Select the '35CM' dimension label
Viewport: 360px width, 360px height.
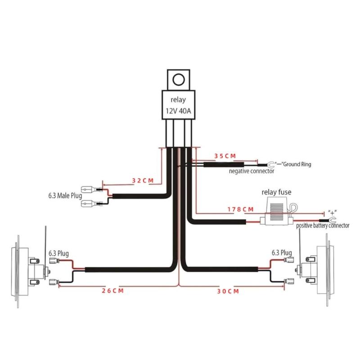(x=225, y=156)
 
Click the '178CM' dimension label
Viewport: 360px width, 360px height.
(x=240, y=209)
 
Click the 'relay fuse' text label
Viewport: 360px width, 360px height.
(x=276, y=192)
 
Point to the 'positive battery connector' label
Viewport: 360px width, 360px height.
(x=323, y=225)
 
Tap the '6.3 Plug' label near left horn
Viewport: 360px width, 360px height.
(x=58, y=254)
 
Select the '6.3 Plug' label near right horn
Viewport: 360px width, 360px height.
(x=281, y=252)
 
